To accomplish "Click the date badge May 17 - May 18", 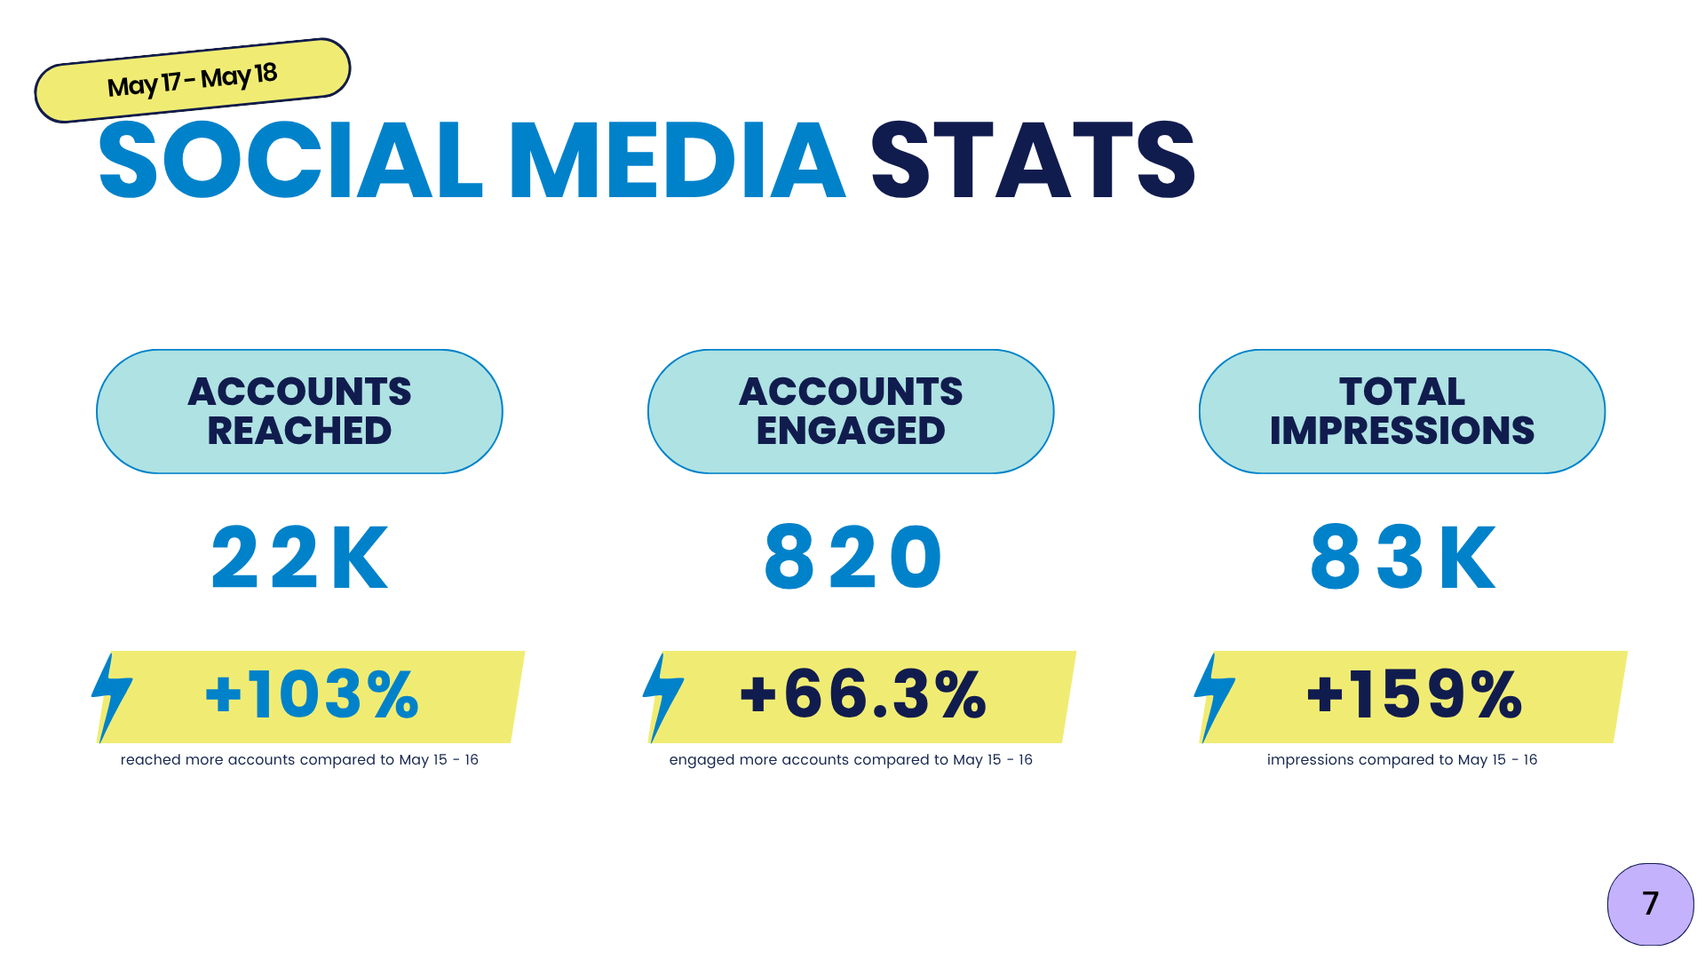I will click(x=192, y=80).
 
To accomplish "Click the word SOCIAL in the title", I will click(x=290, y=161).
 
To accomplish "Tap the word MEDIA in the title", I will click(x=677, y=161).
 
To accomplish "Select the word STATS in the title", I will click(x=1033, y=161).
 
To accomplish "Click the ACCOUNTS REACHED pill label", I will click(x=299, y=411).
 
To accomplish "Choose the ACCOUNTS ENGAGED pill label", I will click(x=851, y=411).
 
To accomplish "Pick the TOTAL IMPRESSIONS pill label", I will click(x=1402, y=411).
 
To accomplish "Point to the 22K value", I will click(x=300, y=558).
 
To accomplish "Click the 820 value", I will click(x=853, y=558).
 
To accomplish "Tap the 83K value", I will click(x=1404, y=558).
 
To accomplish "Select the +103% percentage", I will click(x=312, y=694).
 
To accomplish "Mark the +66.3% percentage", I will click(x=863, y=694).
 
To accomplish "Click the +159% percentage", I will click(x=1415, y=694).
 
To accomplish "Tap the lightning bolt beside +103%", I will click(x=111, y=696).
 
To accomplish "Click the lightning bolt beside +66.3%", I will click(x=662, y=696).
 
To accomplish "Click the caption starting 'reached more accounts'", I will click(x=299, y=760).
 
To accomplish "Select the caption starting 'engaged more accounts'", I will click(x=851, y=760).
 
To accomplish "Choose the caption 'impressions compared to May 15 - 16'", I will click(x=1402, y=760).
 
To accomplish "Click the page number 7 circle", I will click(x=1650, y=904).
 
